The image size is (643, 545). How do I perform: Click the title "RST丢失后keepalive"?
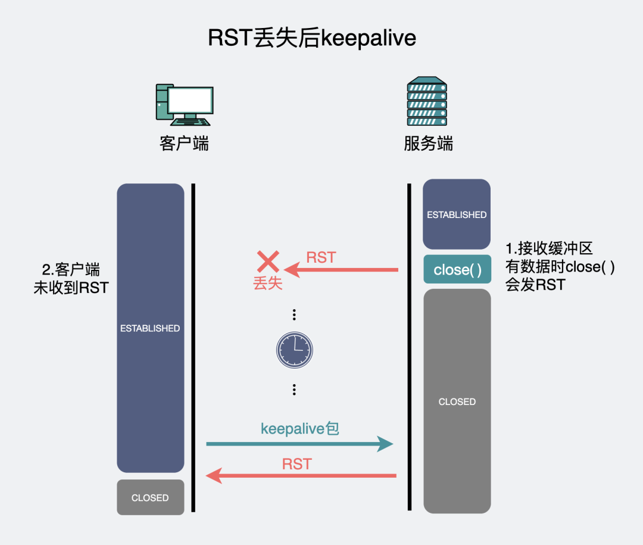click(311, 38)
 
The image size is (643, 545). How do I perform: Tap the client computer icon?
click(184, 104)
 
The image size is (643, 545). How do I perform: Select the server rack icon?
click(427, 102)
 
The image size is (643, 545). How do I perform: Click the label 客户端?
click(184, 144)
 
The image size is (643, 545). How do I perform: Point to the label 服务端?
click(428, 144)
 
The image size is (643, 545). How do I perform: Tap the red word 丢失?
click(268, 283)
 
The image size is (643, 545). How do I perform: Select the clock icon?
click(294, 349)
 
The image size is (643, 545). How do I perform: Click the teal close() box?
click(457, 269)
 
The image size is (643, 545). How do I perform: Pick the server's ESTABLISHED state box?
click(457, 214)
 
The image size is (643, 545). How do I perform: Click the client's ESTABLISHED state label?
click(150, 328)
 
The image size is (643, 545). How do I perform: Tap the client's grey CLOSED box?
click(150, 497)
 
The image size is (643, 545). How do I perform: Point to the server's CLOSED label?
click(457, 402)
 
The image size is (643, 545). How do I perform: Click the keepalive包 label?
click(300, 428)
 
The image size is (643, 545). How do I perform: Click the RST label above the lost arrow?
click(321, 257)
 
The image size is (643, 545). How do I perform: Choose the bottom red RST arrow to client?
click(301, 475)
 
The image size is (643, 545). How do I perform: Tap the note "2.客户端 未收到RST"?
click(71, 278)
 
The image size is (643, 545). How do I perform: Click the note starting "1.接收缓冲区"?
click(560, 266)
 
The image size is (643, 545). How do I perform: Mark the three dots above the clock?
click(294, 314)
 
